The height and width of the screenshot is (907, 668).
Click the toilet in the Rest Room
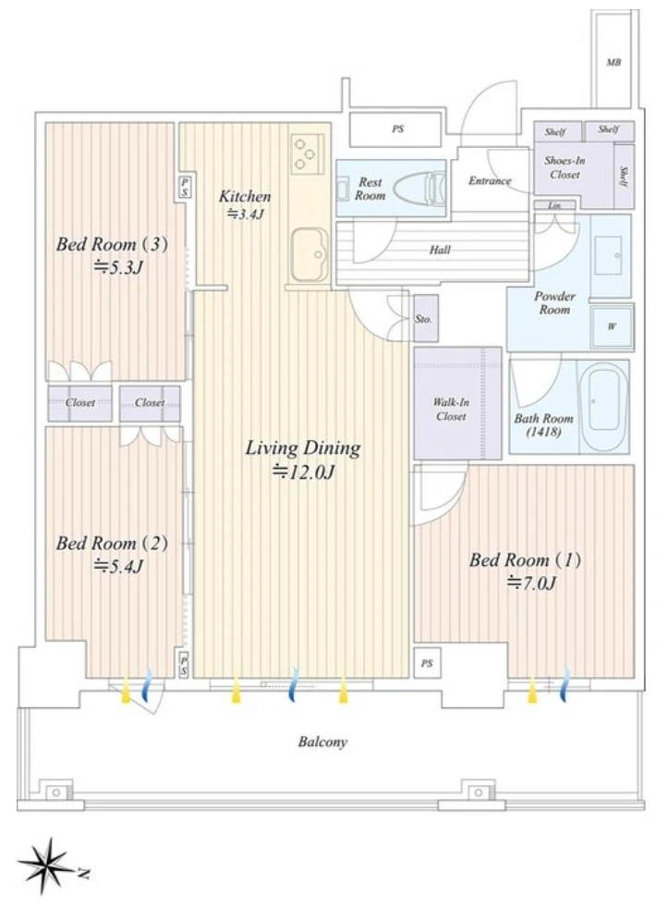[419, 188]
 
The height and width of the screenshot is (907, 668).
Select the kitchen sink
[310, 254]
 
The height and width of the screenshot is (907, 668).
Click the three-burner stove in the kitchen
[306, 153]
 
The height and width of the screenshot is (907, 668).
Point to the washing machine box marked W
[612, 326]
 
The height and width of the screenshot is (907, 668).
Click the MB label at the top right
[613, 62]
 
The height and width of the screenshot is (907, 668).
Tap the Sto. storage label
[423, 319]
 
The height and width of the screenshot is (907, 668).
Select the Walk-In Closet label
[451, 409]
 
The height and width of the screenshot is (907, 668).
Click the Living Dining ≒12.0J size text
[303, 472]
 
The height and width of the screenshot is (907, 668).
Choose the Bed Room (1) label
[525, 559]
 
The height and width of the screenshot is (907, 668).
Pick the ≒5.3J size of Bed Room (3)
[118, 267]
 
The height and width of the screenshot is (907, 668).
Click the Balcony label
[322, 742]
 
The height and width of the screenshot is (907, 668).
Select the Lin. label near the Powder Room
[554, 204]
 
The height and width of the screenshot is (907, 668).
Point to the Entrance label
[490, 180]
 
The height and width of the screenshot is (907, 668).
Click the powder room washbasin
[610, 255]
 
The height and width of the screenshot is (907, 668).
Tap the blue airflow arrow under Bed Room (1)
[565, 684]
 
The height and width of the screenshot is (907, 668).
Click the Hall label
[440, 250]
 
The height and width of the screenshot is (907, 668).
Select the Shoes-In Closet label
[565, 167]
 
